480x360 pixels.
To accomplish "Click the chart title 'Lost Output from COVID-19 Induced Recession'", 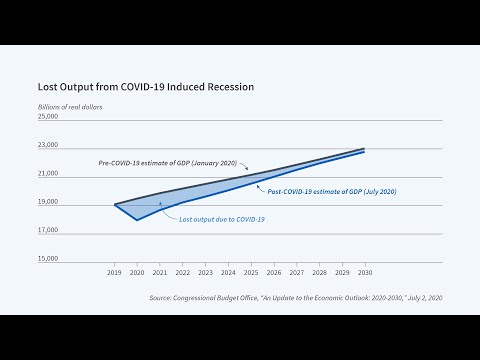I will coord(146,87).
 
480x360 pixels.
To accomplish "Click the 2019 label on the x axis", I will coord(115,272).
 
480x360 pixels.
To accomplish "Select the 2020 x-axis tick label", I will coord(137,272).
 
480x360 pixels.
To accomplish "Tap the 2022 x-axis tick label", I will coord(182,272).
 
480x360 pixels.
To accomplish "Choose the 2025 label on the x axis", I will coord(250,272).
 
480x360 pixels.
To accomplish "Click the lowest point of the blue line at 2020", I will coord(137,219).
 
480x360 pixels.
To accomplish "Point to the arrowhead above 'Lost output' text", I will coord(161,202).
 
